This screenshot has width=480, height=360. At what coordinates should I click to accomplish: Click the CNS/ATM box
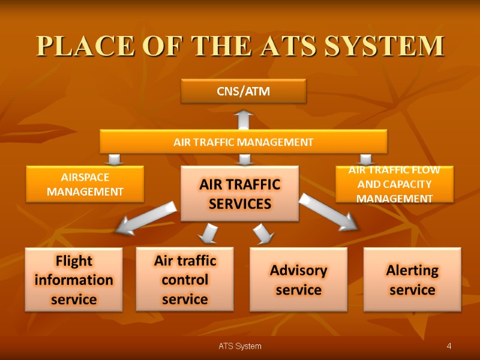pos(244,92)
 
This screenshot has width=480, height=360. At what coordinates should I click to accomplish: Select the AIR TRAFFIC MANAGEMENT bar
pos(243,142)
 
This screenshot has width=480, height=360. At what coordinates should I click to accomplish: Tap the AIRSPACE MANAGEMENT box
pos(85,184)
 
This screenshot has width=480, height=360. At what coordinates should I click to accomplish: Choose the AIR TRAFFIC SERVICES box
pos(240,193)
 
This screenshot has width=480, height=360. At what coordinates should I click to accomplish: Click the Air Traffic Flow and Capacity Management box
pos(394,184)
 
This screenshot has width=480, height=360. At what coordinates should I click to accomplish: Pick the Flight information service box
pos(73,280)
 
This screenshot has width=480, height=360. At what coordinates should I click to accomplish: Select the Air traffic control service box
pos(185,279)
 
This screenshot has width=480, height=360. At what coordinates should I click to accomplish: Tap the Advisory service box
pos(298,280)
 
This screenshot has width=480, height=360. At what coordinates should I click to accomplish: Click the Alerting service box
pos(412,280)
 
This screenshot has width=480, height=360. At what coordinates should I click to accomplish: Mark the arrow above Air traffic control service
pos(209,233)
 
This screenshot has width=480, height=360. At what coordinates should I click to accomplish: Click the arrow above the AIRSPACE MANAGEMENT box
pos(115,159)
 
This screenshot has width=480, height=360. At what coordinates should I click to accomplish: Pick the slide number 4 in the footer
pos(449,346)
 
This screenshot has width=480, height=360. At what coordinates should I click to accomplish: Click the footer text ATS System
pos(239,346)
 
